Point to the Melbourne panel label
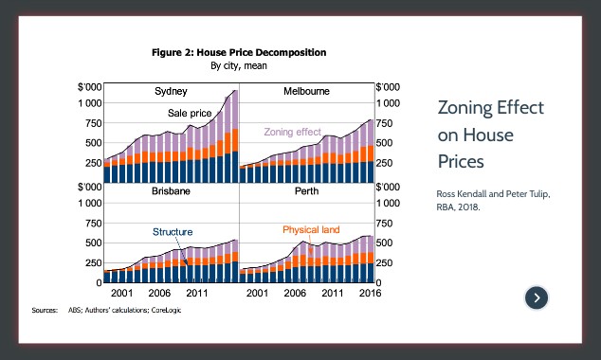(306, 92)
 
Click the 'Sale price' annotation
(189, 113)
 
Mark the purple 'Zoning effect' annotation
(292, 132)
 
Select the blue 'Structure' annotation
(173, 231)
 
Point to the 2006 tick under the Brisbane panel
(158, 295)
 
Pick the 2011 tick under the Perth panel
(332, 295)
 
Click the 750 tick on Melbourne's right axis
(388, 123)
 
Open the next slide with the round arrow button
(537, 297)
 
